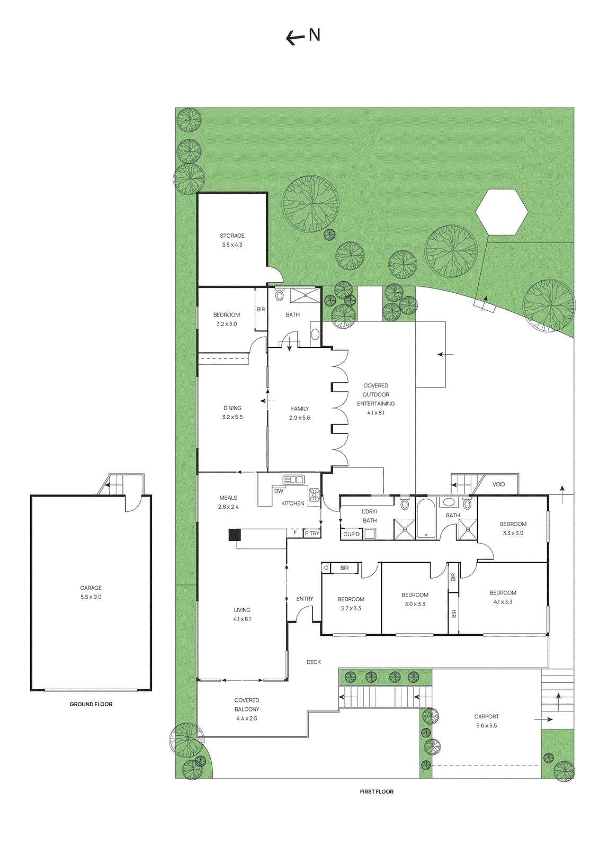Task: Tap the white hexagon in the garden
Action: [502, 212]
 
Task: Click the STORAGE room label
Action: [232, 236]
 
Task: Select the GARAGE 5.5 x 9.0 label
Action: [91, 592]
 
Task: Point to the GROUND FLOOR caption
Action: [91, 704]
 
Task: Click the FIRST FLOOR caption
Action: [377, 791]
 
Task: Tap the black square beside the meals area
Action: [234, 535]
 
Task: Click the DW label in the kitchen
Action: [279, 491]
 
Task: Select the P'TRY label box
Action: [312, 534]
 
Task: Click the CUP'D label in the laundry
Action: [351, 534]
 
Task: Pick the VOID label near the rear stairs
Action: [498, 484]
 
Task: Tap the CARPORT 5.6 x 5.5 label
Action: [486, 721]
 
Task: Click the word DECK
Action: [314, 662]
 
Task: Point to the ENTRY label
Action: [305, 599]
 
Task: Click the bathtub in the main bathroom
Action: [426, 518]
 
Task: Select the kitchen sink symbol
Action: [293, 480]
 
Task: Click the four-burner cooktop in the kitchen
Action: [315, 495]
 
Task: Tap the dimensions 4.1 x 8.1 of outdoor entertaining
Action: [376, 412]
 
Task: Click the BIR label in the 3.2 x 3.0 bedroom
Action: [261, 310]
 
